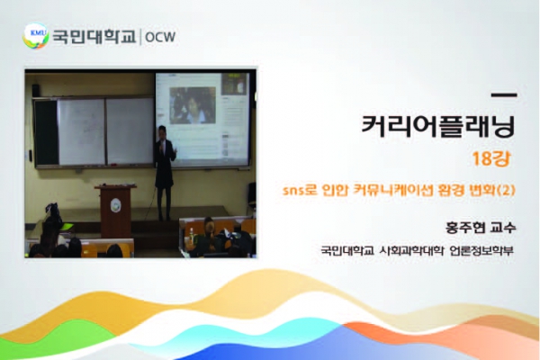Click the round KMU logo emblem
36,36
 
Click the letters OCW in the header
160,37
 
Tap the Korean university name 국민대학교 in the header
94,37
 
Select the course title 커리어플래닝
438,126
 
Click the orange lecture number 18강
491,158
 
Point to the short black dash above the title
504,95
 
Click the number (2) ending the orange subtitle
507,190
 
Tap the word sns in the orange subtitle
293,191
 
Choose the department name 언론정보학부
481,250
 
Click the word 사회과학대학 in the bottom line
411,250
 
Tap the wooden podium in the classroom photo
116,210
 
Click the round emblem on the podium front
116,205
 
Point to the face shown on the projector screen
193,104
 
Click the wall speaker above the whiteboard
35,90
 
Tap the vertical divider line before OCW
140,37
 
